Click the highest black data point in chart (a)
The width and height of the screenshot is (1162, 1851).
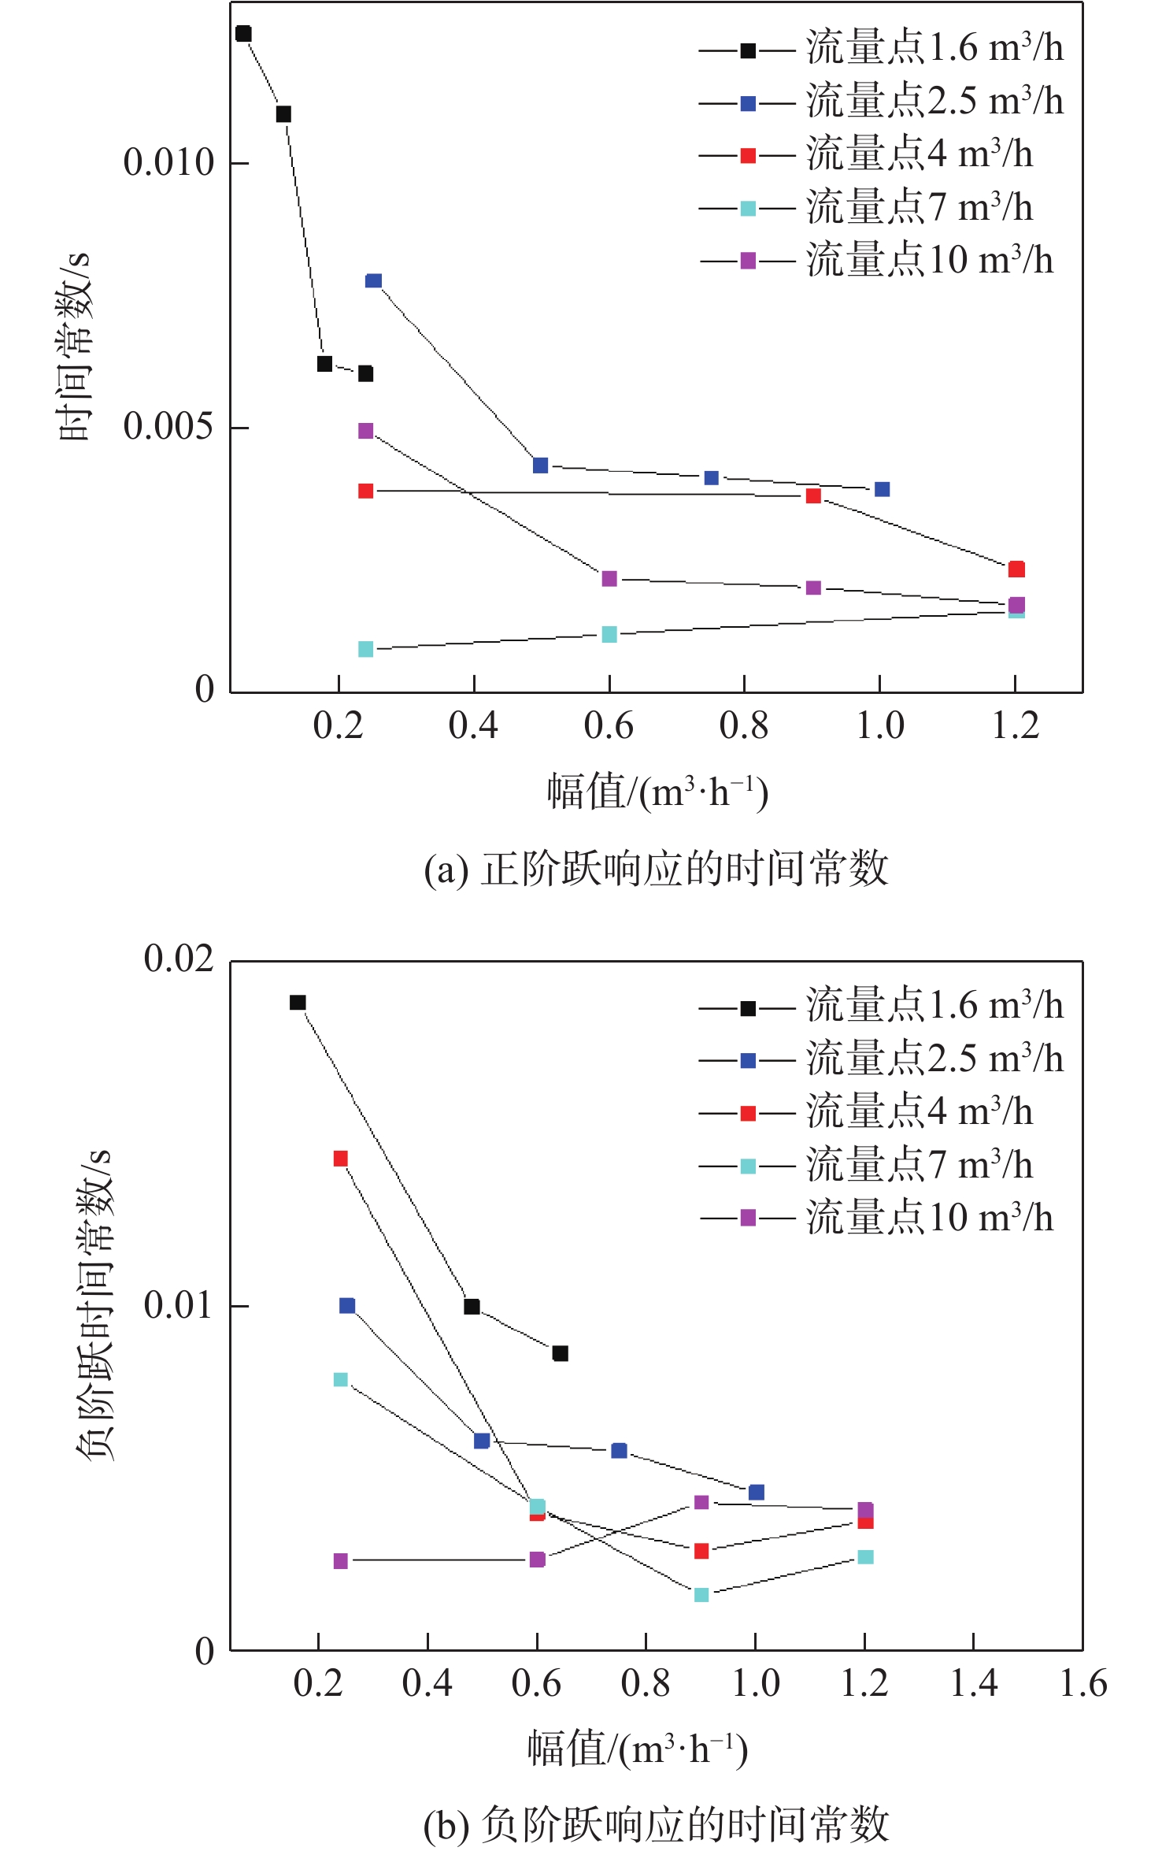point(243,34)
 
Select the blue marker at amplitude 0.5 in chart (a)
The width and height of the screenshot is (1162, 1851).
point(540,466)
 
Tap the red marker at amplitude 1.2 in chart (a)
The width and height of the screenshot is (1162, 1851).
point(1016,569)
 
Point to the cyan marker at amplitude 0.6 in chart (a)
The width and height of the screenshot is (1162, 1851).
point(609,634)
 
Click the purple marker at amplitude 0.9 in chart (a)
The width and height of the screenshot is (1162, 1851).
point(813,588)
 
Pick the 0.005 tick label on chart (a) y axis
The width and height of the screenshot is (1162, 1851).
point(168,427)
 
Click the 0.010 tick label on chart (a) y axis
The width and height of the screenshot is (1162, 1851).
point(168,163)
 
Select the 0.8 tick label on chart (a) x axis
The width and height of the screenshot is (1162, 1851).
point(744,725)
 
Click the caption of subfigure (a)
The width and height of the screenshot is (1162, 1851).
point(656,869)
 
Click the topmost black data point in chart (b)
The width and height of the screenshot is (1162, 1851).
point(298,1003)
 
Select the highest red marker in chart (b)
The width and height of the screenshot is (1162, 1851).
point(340,1159)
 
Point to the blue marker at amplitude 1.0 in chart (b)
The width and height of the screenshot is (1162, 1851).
point(757,1492)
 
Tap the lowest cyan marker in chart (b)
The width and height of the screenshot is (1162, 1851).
point(701,1595)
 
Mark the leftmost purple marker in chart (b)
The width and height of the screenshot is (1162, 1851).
point(340,1561)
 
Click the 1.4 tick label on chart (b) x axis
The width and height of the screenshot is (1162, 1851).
point(974,1684)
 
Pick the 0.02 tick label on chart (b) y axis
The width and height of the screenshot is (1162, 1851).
point(179,960)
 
